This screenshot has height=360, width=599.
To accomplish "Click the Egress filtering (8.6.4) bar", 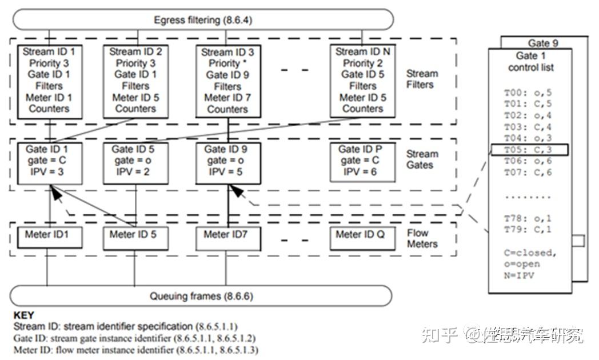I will [203, 20].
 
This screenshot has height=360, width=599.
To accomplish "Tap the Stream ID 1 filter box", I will [49, 80].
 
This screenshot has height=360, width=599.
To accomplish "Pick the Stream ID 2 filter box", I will [135, 80].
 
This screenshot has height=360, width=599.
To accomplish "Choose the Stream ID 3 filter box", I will [227, 81].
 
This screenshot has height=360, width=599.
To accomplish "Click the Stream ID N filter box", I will [363, 80].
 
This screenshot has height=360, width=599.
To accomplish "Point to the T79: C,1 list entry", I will [520, 230].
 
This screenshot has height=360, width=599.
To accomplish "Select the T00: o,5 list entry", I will [520, 92].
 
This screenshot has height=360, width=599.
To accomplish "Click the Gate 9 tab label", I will [543, 43].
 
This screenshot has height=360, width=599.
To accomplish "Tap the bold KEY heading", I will [23, 315].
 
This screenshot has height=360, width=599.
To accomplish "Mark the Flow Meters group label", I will [422, 239].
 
